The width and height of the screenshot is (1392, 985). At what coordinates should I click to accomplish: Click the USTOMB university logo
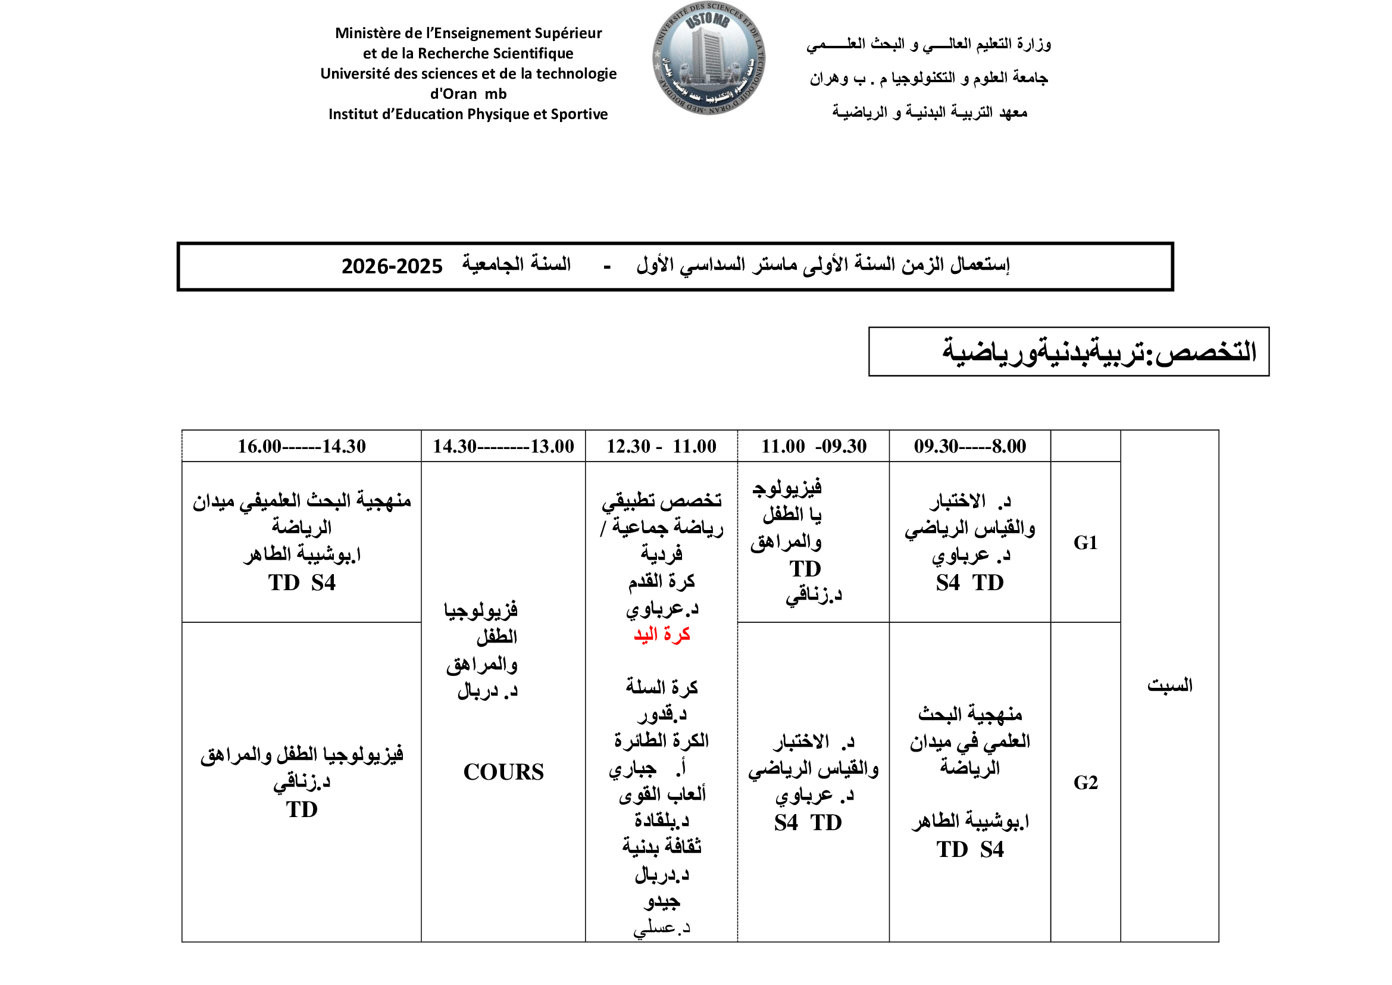click(x=708, y=58)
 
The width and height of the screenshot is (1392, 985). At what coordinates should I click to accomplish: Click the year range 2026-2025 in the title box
click(x=392, y=266)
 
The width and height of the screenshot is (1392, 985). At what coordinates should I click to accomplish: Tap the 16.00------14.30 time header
click(x=301, y=447)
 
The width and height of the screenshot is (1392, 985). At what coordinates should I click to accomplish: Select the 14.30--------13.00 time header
click(x=503, y=447)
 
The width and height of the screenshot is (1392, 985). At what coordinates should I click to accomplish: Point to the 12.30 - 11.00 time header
click(x=661, y=447)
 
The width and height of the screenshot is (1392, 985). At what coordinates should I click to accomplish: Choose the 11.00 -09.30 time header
click(x=814, y=447)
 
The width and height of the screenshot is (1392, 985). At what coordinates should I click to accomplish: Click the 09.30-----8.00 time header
click(x=969, y=447)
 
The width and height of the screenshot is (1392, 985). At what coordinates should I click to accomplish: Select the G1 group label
click(x=1086, y=543)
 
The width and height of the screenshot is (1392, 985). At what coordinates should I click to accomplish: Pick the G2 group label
click(x=1086, y=783)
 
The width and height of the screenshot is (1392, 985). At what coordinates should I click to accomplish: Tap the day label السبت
click(x=1169, y=685)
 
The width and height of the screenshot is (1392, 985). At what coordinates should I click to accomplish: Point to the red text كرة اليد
click(x=661, y=634)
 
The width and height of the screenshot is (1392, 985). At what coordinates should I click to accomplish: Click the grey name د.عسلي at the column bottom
click(x=661, y=928)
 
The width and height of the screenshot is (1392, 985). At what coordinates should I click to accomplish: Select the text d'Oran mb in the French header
click(x=468, y=94)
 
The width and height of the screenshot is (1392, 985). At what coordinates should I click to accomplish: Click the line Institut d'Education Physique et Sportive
click(x=468, y=114)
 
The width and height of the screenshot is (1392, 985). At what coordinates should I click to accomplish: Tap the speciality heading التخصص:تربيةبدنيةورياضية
click(x=1099, y=352)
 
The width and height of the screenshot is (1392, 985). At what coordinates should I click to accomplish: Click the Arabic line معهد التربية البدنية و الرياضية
click(x=930, y=112)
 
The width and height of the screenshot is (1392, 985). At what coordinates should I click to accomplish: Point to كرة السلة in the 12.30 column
click(x=661, y=687)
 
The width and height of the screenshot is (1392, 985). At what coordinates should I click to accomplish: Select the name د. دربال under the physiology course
click(x=487, y=691)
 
